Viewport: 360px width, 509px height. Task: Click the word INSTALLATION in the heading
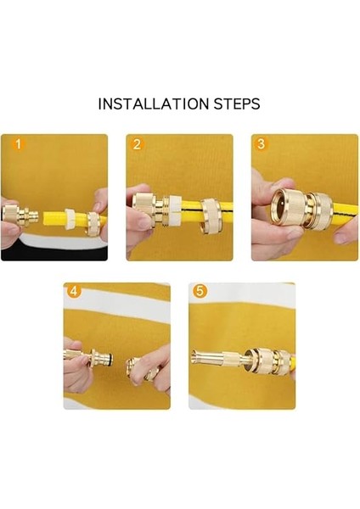[x=154, y=103]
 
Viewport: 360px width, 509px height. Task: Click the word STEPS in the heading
[x=237, y=103]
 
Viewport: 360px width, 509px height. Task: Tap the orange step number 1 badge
[x=18, y=144]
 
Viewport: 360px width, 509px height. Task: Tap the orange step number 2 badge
[x=137, y=144]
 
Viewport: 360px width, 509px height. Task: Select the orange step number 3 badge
[x=261, y=143]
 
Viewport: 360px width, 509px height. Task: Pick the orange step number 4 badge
[x=74, y=291]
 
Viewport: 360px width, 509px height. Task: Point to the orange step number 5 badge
[x=200, y=291]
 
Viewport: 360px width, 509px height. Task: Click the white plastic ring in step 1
[x=70, y=220]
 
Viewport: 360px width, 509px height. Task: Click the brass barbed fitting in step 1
[x=20, y=215]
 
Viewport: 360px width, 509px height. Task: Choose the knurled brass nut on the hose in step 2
[x=212, y=216]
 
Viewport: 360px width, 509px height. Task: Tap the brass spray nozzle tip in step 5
[x=199, y=359]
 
